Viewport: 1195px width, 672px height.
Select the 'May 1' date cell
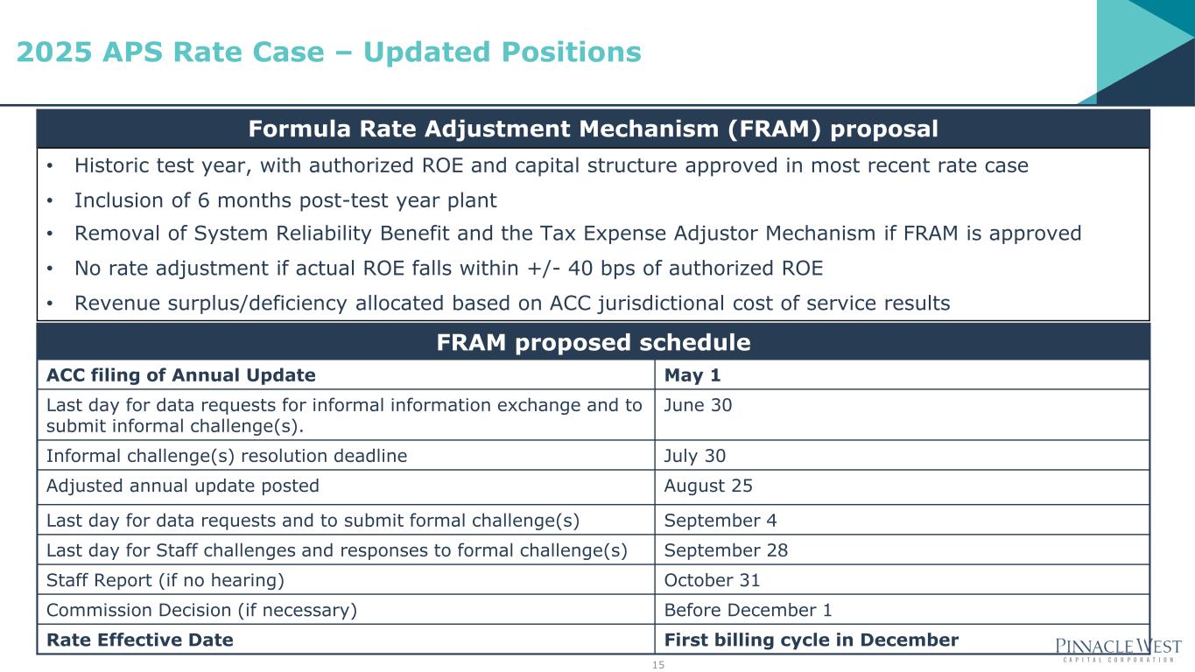(x=692, y=374)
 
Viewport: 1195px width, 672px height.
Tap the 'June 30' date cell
(x=698, y=405)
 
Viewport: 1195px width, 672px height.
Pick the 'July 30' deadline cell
(x=694, y=456)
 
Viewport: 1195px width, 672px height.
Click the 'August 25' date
(x=708, y=486)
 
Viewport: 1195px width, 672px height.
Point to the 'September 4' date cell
(x=721, y=521)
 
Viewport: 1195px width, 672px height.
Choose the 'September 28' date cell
(x=726, y=550)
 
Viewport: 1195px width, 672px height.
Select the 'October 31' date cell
(x=712, y=580)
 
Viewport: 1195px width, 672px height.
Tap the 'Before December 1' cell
(x=748, y=610)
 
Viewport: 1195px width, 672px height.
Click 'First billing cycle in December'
(x=811, y=640)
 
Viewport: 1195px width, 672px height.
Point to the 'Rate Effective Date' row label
(x=140, y=640)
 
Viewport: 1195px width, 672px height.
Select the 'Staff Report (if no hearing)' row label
(x=165, y=580)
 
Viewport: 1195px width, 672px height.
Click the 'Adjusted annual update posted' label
(x=182, y=486)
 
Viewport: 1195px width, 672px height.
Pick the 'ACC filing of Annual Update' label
(x=181, y=375)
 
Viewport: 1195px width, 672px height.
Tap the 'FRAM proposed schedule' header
(x=594, y=342)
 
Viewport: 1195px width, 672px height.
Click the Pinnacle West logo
(x=1118, y=649)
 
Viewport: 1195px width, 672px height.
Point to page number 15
(x=657, y=664)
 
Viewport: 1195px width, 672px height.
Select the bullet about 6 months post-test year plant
(x=285, y=200)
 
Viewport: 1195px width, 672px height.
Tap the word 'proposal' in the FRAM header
(x=884, y=129)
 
